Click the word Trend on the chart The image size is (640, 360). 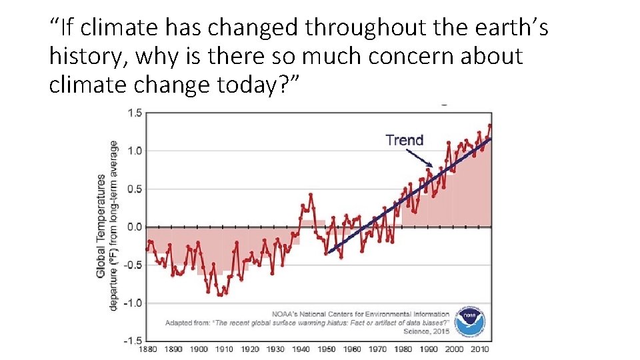pyautogui.click(x=404, y=140)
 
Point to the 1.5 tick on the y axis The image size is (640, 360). pyautogui.click(x=134, y=113)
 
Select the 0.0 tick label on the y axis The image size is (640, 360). pyautogui.click(x=134, y=227)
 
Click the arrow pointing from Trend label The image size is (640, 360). pyautogui.click(x=420, y=158)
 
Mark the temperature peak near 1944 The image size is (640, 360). pyautogui.click(x=311, y=194)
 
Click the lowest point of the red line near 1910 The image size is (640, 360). pyautogui.click(x=219, y=295)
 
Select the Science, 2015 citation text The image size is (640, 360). pyautogui.click(x=426, y=331)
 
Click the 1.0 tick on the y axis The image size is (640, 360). pyautogui.click(x=134, y=151)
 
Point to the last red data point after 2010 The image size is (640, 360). pyautogui.click(x=490, y=125)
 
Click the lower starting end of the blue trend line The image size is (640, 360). pyautogui.click(x=328, y=253)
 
